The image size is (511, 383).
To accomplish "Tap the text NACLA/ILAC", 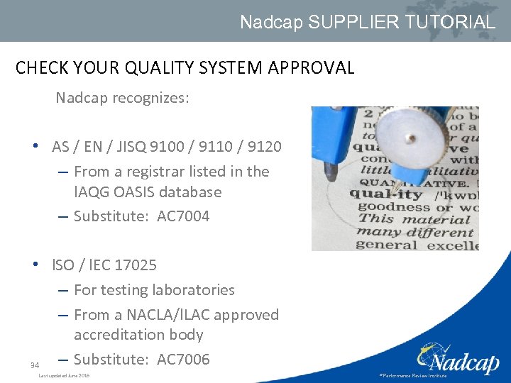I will point(177,315).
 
